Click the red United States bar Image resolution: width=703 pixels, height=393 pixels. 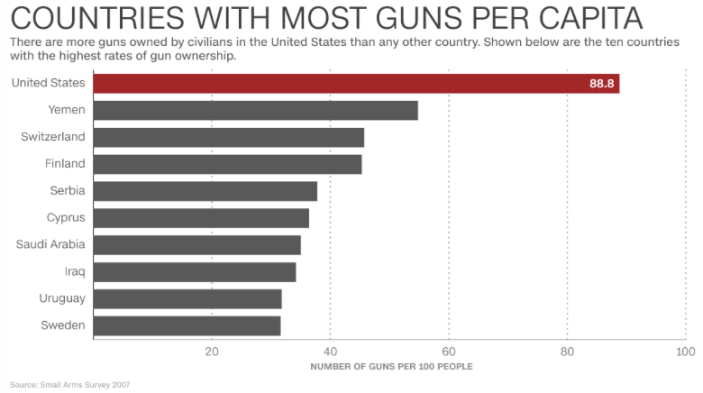[356, 83]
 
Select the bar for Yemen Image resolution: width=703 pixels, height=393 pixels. [255, 110]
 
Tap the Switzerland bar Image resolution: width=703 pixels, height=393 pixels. [228, 137]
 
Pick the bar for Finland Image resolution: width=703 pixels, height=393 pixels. [227, 164]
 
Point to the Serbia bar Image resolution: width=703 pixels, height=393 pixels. [205, 191]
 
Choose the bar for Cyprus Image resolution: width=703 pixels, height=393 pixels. [201, 218]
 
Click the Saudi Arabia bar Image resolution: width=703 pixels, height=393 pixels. [196, 245]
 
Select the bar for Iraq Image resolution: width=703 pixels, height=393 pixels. [194, 272]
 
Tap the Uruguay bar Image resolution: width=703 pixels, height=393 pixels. [187, 299]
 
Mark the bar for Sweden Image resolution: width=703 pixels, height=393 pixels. [187, 325]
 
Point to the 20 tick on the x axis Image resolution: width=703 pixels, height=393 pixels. [212, 351]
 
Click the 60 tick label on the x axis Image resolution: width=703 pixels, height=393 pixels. [449, 351]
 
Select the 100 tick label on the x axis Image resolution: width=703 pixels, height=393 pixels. [685, 351]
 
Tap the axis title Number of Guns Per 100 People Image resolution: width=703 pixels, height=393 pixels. [391, 366]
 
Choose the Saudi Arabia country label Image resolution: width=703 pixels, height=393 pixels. [50, 244]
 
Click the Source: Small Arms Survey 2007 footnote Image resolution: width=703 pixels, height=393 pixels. [70, 385]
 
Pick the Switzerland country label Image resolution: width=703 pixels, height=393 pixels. [53, 137]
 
